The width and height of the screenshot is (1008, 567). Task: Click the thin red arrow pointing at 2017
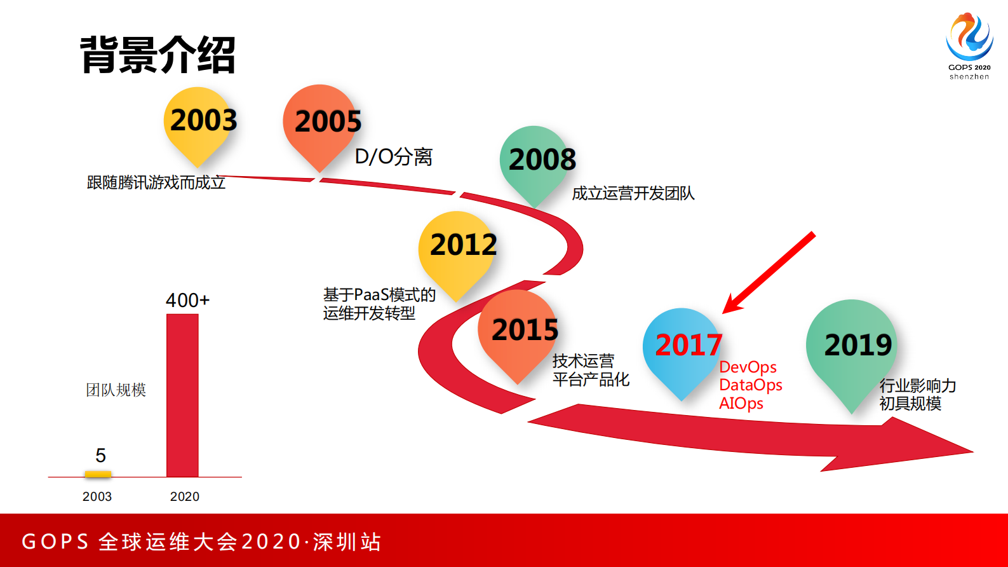(769, 273)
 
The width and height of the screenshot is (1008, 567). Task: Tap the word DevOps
(748, 367)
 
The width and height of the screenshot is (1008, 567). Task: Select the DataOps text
(750, 385)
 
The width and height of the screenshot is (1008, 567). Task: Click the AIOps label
(741, 404)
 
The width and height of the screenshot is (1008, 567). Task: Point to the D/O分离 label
(393, 156)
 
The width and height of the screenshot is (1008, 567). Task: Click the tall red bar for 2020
(182, 394)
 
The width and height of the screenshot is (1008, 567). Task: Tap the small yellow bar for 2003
(98, 474)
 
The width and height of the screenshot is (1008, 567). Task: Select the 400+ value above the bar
(187, 300)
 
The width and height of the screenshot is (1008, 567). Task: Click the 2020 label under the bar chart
(184, 496)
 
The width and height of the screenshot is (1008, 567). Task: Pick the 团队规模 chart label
(116, 390)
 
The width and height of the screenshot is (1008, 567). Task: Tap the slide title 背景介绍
(158, 55)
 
